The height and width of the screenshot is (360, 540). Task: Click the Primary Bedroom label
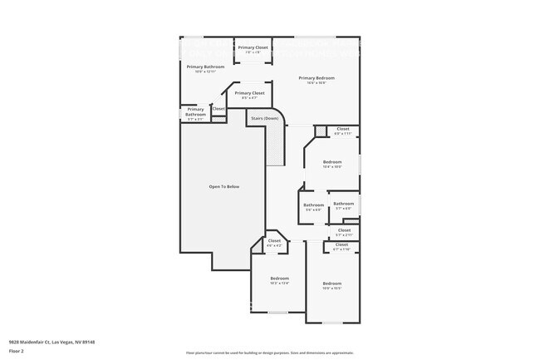coord(317,78)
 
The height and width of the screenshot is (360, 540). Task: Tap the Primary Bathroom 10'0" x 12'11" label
coord(205,67)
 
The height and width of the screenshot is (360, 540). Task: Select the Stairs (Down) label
coord(264,119)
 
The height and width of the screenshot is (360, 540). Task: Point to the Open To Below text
coord(223,186)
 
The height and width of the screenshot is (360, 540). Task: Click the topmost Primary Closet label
coord(253,48)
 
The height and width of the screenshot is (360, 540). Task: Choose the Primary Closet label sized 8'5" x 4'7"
coord(249,94)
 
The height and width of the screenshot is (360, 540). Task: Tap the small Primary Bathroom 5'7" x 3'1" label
coord(195,112)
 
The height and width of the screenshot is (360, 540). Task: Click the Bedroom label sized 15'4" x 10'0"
coord(332,162)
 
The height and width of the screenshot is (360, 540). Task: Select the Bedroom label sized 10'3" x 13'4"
coord(279,279)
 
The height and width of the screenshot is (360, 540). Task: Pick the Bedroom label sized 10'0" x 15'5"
coord(332,284)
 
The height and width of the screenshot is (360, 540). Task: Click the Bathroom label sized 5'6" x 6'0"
coord(313,205)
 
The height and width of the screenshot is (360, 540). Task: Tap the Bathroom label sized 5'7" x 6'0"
coord(343,205)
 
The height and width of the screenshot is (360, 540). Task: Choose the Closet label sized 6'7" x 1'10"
coord(341,245)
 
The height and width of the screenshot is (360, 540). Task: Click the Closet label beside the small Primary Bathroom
coord(218,108)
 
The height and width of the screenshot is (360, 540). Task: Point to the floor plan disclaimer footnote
coord(269,353)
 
